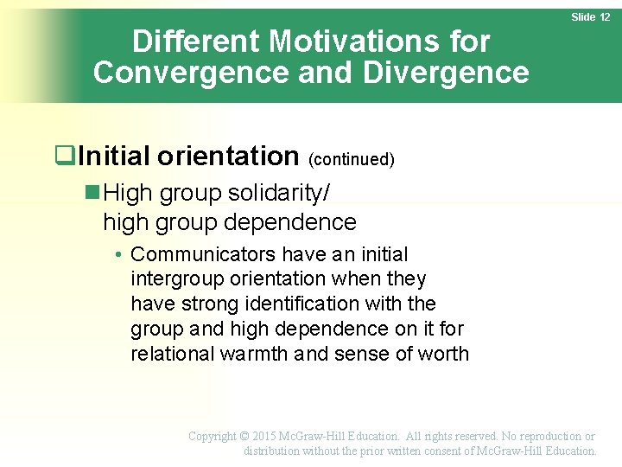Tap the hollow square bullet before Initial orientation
click(x=62, y=157)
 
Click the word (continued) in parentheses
click(x=352, y=159)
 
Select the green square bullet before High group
click(x=93, y=192)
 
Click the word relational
click(x=172, y=354)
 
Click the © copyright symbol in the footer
click(x=244, y=437)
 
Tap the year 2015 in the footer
click(x=267, y=437)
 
